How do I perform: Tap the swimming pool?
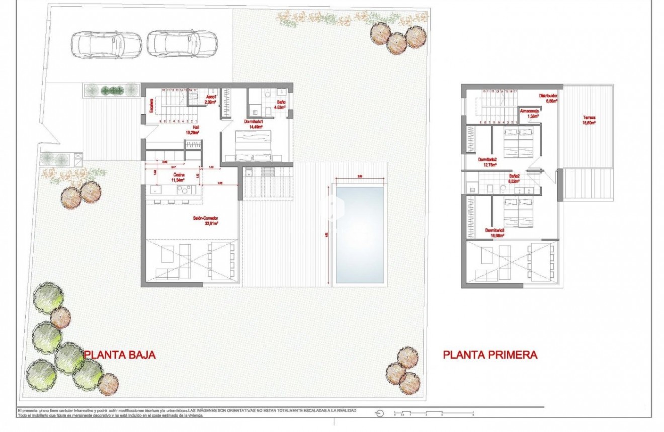pos(360,234)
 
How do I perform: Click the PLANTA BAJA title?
pos(120,355)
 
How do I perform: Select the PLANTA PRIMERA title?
pos(490,355)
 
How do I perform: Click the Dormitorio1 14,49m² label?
pos(254,124)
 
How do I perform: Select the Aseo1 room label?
pos(210,99)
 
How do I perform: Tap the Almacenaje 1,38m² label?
pos(529,113)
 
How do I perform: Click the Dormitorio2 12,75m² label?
pos(487,161)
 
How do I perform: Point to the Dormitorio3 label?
pos(495,232)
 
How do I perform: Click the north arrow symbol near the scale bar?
pos(380,413)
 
